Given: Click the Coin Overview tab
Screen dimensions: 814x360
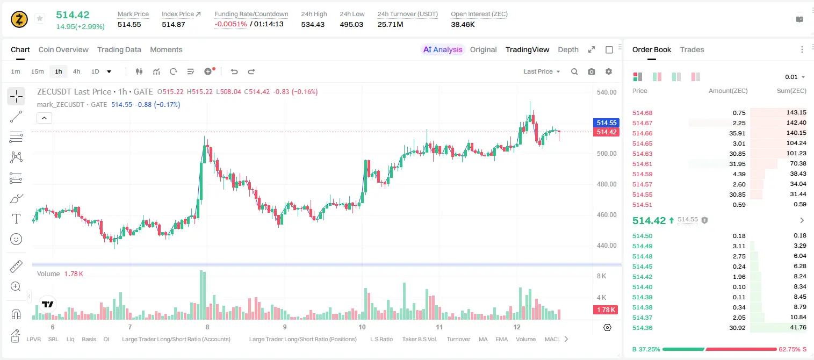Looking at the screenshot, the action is [63, 49].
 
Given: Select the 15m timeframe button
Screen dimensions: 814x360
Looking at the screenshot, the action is [37, 71].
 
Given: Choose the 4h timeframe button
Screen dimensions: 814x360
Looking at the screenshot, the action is [76, 71].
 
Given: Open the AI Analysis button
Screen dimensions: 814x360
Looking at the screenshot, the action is [443, 49].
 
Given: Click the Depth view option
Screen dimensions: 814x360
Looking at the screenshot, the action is [568, 49].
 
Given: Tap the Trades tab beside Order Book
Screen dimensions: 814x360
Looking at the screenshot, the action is [692, 49].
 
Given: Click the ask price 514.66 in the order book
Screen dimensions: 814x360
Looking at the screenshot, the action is [642, 133].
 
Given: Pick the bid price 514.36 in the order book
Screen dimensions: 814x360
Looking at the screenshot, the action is [642, 328].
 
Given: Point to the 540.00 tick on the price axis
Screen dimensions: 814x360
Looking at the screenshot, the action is [607, 92].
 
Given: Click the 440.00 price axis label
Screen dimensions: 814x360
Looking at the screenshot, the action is [607, 245].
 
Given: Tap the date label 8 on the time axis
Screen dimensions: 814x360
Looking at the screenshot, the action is [207, 327].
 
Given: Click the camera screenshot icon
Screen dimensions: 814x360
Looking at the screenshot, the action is [592, 71].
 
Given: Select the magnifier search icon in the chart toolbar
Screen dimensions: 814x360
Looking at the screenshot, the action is [574, 71].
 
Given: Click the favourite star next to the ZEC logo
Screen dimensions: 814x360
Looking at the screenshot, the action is [40, 18].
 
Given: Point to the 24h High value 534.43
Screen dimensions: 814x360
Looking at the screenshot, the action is [313, 24].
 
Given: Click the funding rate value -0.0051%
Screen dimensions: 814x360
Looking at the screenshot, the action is [230, 24].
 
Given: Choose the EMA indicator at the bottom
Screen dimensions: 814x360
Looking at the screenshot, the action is [501, 339].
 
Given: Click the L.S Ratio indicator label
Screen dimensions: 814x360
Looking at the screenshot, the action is [381, 339].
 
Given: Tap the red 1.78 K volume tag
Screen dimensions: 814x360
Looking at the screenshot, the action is [606, 310].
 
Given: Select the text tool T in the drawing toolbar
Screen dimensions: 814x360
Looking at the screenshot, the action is [16, 219].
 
